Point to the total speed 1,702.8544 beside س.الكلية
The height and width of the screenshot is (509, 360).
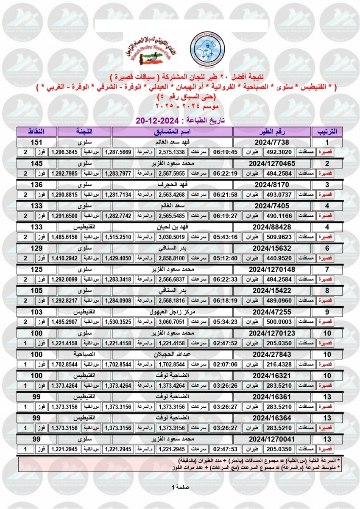coord(65,364)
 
